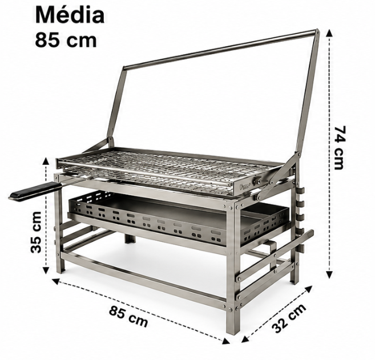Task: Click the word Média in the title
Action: point(70,15)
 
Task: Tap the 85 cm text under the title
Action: point(66,40)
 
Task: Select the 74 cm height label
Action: point(340,148)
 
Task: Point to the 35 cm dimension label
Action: point(36,232)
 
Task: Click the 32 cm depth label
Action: point(289,318)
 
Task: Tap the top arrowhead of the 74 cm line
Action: point(329,33)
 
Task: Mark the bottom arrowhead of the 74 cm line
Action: point(329,275)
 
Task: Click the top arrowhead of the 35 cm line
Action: point(46,161)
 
